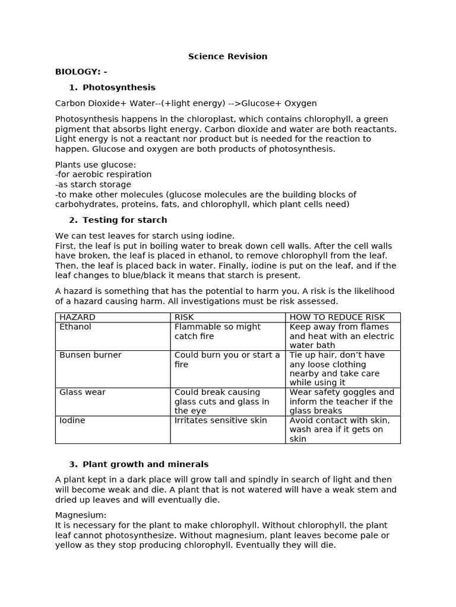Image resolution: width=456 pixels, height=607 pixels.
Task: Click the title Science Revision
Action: [x=227, y=56]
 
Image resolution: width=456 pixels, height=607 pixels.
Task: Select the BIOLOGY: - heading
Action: [x=81, y=72]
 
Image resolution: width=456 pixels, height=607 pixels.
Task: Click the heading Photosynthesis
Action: [x=119, y=87]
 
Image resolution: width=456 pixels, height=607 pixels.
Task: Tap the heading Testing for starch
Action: [x=125, y=220]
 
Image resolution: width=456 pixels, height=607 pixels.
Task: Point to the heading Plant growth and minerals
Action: [x=145, y=464]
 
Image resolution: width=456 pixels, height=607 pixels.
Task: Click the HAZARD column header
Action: [x=77, y=317]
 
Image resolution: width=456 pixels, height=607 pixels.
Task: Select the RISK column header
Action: [x=185, y=317]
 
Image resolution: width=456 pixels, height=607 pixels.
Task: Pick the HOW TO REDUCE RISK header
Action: [x=337, y=317]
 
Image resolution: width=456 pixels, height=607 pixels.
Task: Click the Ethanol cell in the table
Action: [x=75, y=327]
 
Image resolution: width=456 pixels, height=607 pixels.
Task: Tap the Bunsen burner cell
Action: [x=90, y=355]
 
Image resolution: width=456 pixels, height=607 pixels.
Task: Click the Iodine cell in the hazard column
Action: [x=72, y=420]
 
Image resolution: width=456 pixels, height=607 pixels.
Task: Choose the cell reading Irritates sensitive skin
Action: [x=220, y=420]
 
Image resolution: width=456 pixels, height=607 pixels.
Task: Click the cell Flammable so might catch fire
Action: [x=217, y=331]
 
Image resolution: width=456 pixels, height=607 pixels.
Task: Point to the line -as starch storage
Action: [x=93, y=184]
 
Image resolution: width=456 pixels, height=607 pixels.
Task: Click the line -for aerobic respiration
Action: [x=103, y=174]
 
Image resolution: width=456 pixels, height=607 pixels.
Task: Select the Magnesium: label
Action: [x=81, y=515]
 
